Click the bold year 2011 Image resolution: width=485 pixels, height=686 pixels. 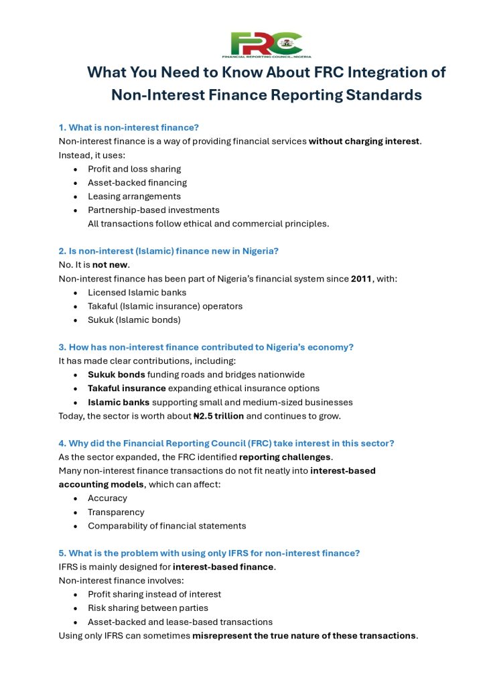362,279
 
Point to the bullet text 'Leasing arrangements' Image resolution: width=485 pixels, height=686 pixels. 134,196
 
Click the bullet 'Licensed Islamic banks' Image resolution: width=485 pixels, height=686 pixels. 137,292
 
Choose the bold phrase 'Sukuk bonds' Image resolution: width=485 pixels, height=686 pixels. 117,374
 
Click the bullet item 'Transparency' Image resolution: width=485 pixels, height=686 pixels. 116,512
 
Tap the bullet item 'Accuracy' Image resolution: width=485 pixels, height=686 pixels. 107,498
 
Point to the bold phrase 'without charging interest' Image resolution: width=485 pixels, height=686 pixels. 364,141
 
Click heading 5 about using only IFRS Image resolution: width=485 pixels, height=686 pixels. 209,553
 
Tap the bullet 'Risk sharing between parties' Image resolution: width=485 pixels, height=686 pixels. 148,608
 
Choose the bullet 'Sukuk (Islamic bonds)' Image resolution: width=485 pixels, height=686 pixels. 134,320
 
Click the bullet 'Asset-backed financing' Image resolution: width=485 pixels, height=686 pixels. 137,182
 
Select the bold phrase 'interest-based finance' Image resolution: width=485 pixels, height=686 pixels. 223,567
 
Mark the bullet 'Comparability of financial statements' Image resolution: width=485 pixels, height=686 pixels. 167,526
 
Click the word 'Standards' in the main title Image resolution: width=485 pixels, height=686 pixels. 385,95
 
